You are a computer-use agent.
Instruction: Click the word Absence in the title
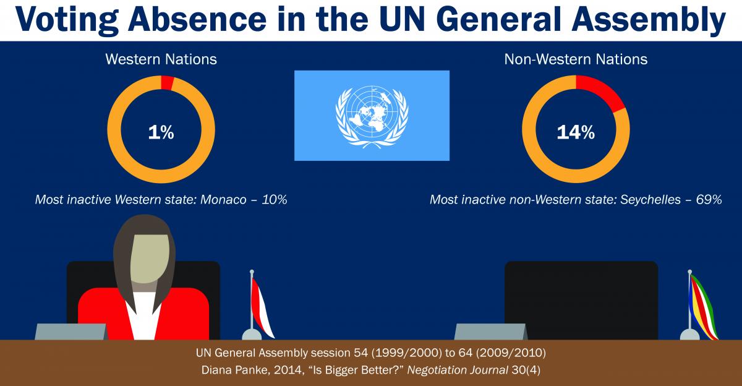(197, 19)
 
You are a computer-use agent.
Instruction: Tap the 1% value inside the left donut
(161, 132)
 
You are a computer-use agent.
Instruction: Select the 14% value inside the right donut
(576, 132)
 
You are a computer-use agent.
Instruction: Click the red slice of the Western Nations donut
(168, 83)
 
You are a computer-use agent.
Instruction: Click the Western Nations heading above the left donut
(161, 59)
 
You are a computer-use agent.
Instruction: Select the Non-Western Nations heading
(576, 59)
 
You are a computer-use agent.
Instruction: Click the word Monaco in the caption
(223, 200)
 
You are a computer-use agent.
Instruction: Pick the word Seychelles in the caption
(650, 200)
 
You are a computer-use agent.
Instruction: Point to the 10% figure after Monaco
(275, 200)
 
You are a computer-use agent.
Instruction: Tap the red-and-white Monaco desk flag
(260, 306)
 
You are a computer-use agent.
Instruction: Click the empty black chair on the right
(581, 300)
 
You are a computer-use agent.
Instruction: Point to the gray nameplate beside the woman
(71, 332)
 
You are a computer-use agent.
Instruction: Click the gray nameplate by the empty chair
(490, 332)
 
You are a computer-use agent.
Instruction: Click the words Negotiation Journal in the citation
(458, 370)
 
